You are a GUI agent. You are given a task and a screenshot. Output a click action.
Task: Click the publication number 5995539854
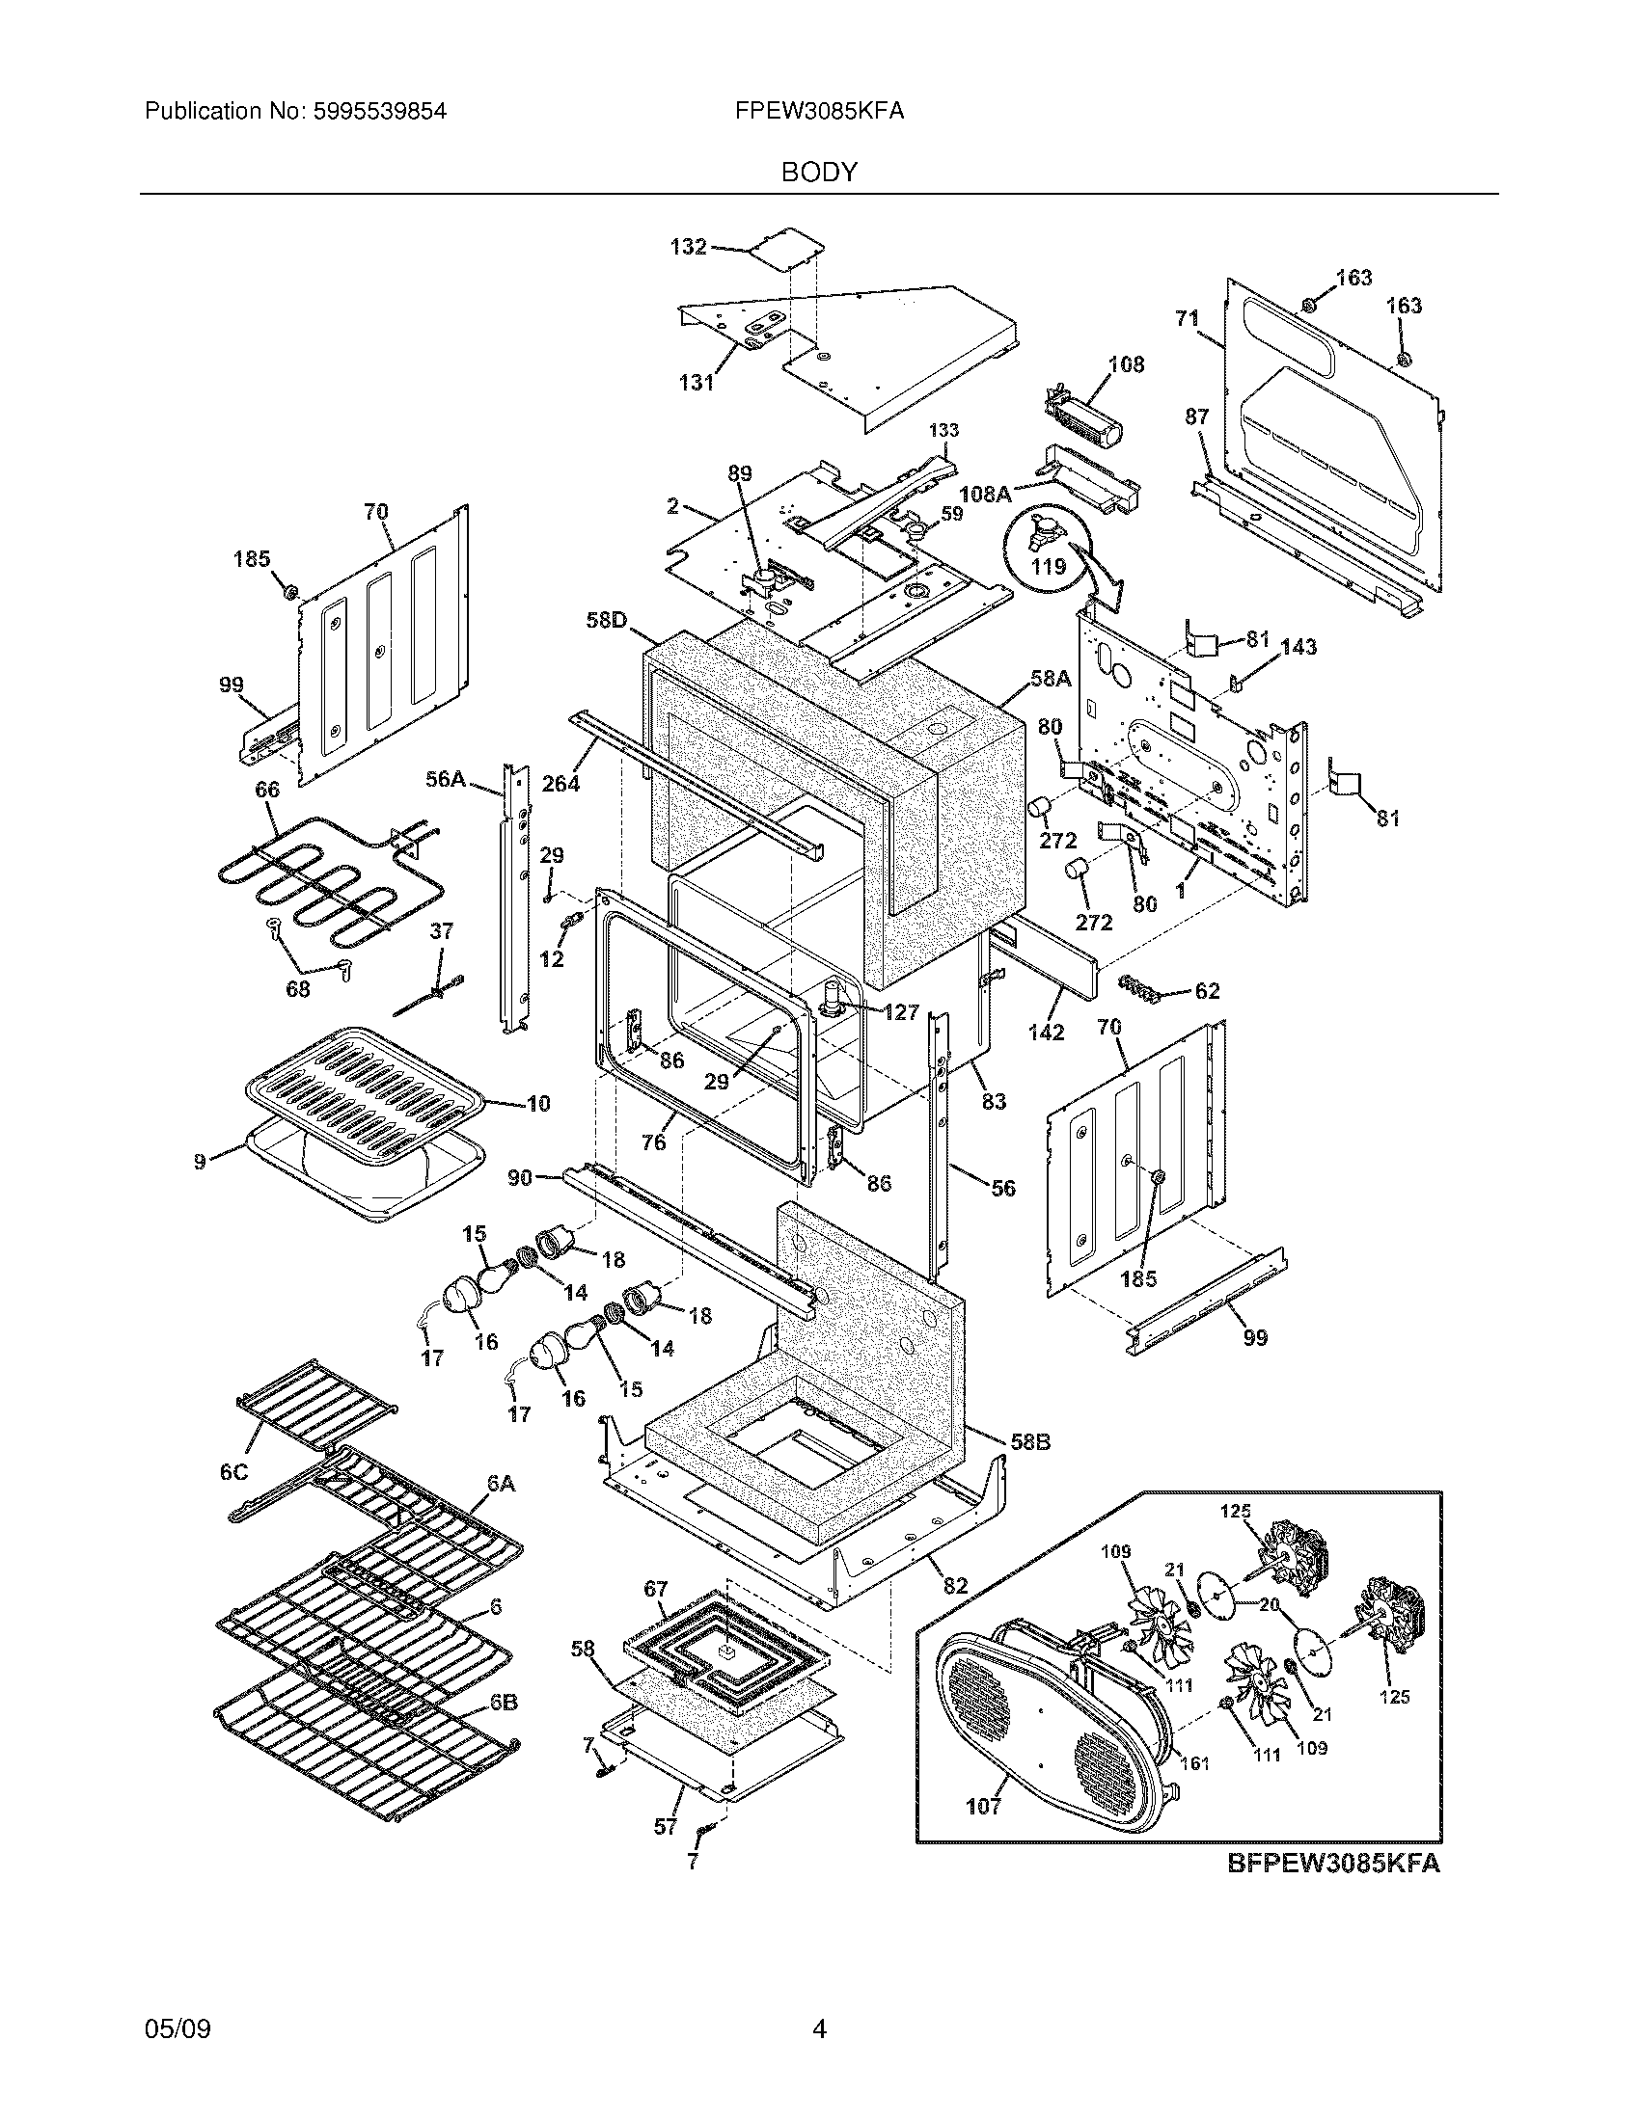point(378,112)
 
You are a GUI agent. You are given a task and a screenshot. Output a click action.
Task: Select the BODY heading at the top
point(819,173)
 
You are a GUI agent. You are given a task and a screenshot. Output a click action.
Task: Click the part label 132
point(688,247)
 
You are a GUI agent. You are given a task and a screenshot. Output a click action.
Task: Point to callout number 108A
point(983,494)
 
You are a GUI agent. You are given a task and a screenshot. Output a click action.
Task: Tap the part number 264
point(560,783)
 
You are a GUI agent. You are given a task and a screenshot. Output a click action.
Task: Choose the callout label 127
point(901,1012)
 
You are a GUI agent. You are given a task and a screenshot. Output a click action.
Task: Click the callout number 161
point(1194,1761)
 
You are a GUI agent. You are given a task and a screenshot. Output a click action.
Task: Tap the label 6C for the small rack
point(234,1472)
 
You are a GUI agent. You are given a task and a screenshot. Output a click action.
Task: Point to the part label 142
point(1046,1033)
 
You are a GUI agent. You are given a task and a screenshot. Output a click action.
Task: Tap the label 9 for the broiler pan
point(199,1162)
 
